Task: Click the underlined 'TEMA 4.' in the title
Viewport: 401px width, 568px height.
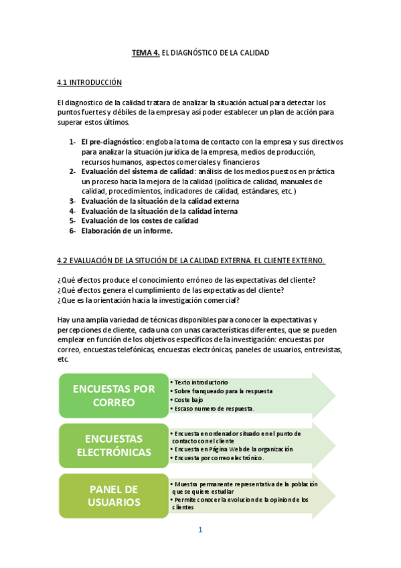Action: [145, 52]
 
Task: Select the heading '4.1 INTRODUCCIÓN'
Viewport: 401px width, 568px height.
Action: [89, 82]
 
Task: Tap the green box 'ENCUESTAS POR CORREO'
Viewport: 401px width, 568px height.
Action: [113, 396]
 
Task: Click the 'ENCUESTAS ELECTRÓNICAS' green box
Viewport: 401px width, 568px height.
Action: [113, 445]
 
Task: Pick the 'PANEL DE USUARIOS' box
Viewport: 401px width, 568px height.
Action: [113, 496]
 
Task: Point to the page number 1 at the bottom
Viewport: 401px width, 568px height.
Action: [199, 530]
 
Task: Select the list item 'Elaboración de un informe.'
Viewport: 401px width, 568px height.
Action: [127, 231]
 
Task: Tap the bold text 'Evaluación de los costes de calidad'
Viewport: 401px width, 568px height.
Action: [140, 221]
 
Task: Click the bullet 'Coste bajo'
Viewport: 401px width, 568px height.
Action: [188, 400]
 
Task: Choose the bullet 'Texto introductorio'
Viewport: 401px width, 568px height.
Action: [201, 382]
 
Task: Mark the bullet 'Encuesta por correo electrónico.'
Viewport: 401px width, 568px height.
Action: [219, 458]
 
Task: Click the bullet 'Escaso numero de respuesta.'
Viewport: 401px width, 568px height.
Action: [214, 409]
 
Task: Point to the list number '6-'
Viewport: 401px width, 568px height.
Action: [72, 231]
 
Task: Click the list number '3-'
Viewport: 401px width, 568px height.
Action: [72, 201]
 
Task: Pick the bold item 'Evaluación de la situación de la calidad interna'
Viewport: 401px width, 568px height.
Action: [159, 211]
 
